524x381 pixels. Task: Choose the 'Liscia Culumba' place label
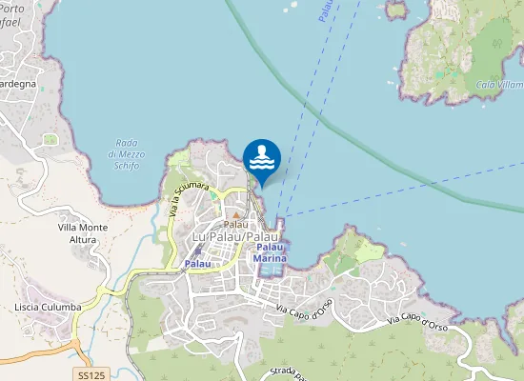point(45,307)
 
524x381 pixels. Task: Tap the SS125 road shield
point(91,376)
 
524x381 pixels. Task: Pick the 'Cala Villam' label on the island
point(498,85)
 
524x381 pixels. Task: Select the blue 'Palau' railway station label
point(197,263)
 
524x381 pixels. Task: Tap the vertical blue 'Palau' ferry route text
point(327,11)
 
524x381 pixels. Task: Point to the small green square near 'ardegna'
point(50,140)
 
